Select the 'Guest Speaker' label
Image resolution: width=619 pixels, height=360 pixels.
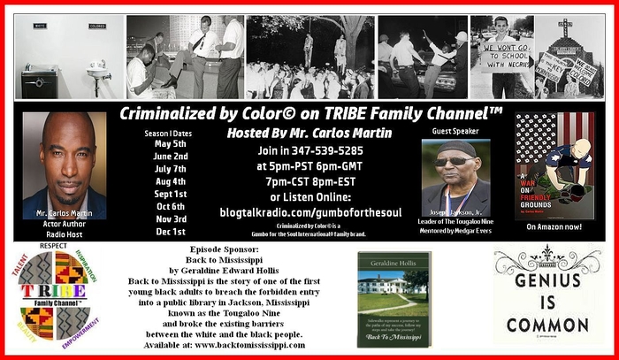(x=455, y=131)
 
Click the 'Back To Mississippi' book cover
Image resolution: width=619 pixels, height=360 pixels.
(x=393, y=296)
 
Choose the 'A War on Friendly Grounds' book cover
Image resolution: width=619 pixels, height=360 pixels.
(x=553, y=165)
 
